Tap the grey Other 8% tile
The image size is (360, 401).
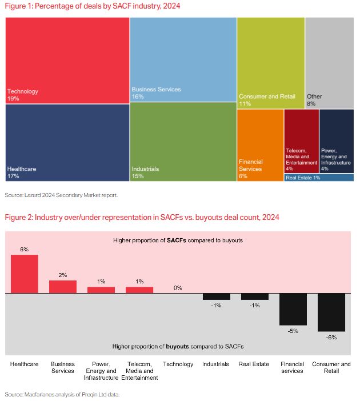pos(329,63)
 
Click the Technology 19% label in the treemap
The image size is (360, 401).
pos(23,95)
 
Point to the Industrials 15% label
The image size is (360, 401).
pos(145,173)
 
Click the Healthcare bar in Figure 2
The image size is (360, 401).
pos(25,274)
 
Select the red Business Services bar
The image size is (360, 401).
pos(63,286)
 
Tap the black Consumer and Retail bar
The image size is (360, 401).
pos(331,312)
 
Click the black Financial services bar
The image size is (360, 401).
pos(293,308)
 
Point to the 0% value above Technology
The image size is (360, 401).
pos(178,288)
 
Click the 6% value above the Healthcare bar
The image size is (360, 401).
pos(24,250)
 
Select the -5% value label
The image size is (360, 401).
pos(293,330)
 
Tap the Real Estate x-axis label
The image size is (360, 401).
pos(254,364)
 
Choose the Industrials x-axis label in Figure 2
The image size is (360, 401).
pos(216,364)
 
